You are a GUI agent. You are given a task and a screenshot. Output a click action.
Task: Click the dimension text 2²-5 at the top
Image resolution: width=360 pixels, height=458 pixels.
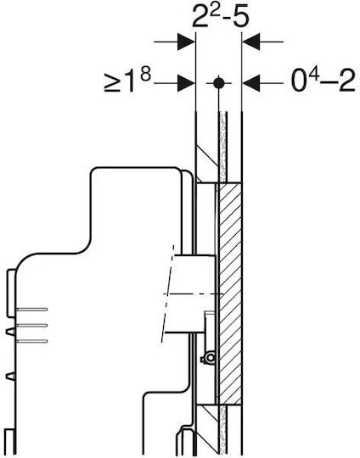(x=221, y=16)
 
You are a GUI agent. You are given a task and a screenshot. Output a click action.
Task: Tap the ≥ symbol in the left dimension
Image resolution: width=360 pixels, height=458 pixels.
(x=112, y=84)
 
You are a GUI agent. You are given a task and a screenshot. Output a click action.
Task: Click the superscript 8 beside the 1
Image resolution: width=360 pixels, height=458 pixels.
(x=145, y=76)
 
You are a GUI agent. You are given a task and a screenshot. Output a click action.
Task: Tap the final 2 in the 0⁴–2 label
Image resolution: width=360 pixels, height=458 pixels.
(x=347, y=81)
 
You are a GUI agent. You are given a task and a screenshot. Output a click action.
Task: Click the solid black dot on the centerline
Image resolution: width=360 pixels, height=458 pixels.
(x=218, y=83)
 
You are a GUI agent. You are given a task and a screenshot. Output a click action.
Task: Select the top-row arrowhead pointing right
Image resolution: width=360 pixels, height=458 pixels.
(x=186, y=42)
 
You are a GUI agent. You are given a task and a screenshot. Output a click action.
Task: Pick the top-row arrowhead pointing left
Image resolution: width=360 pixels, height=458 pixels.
(x=251, y=42)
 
